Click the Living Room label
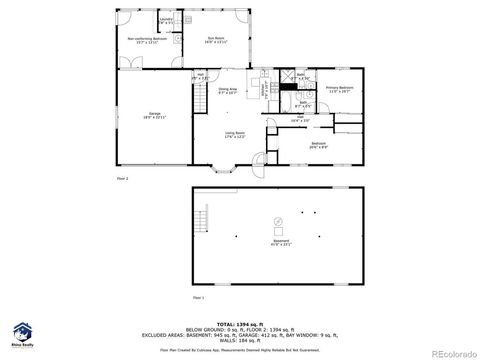coord(234,135)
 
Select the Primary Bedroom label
coord(340,90)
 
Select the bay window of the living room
coord(221,165)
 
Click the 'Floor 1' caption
coord(198,298)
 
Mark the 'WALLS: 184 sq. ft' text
coord(262,343)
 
